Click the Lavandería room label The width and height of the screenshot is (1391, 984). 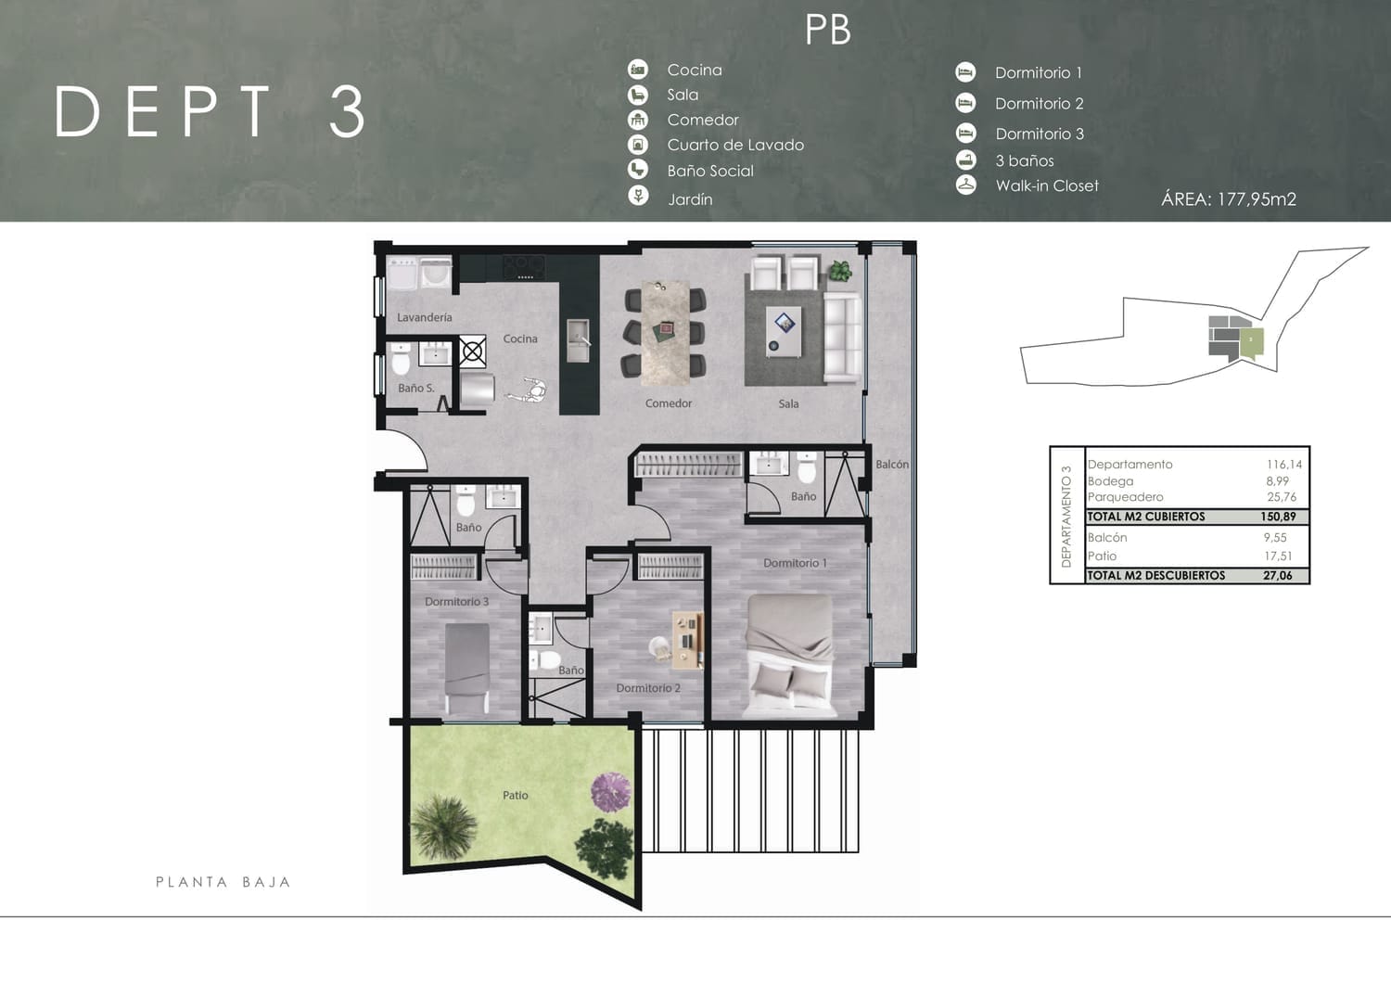click(x=424, y=317)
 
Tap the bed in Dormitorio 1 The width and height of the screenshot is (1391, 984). click(x=790, y=656)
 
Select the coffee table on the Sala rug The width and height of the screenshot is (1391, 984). click(x=783, y=332)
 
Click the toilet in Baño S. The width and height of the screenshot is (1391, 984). click(x=401, y=359)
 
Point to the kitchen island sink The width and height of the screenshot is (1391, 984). click(x=578, y=339)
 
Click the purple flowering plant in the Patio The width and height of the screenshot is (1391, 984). click(x=611, y=792)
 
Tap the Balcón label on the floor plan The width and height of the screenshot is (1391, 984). click(x=892, y=464)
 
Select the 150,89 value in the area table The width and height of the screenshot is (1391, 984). click(x=1277, y=517)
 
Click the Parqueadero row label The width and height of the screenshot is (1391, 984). click(x=1125, y=497)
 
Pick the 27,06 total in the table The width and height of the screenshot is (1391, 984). click(x=1277, y=575)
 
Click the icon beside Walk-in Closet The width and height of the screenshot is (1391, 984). click(x=965, y=185)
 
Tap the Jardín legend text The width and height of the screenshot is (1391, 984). click(x=690, y=199)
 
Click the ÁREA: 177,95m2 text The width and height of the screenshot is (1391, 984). click(x=1229, y=198)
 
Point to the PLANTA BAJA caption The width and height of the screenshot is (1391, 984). click(x=223, y=882)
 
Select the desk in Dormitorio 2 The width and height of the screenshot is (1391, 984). click(x=687, y=639)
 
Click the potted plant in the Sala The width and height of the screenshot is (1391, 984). click(x=839, y=271)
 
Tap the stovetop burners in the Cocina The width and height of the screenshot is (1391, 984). click(x=524, y=267)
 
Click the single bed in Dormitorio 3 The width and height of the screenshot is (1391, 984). click(x=467, y=669)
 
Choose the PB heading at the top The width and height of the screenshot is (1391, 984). click(x=828, y=30)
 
